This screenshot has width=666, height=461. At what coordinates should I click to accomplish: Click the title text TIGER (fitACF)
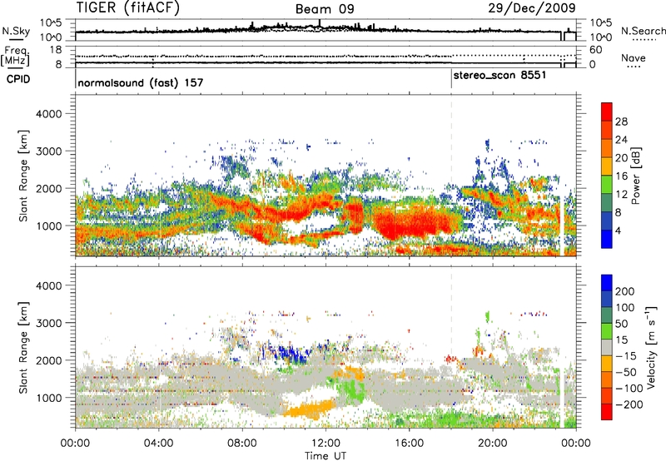[133, 8]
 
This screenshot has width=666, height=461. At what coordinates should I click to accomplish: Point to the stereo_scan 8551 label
[499, 76]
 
